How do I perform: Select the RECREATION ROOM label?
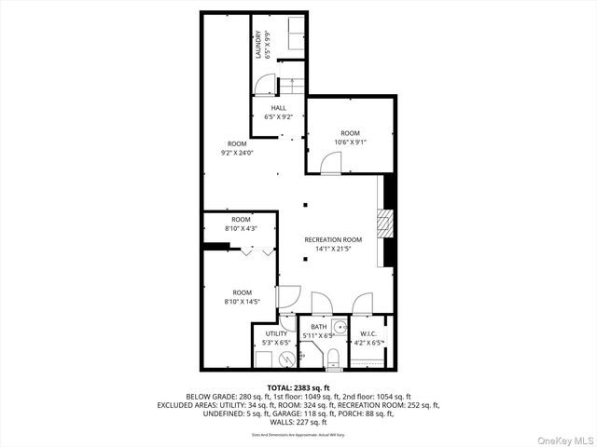pos(333,239)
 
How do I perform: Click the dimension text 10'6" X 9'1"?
pos(351,142)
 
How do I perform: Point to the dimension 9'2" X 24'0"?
pos(237,153)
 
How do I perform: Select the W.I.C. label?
pos(368,332)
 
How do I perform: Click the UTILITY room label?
pos(276,332)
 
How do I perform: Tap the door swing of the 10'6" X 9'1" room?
pos(330,164)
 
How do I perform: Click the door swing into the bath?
pos(321,305)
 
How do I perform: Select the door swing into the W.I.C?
pos(363,305)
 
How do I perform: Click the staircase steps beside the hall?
pos(292,87)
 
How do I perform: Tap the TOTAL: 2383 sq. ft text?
pos(298,387)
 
